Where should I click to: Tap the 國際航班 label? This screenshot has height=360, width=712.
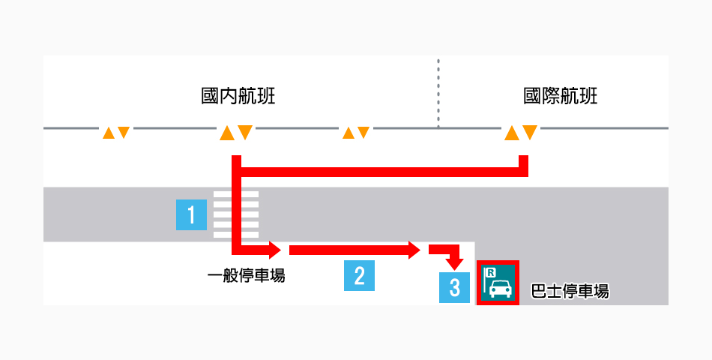pyautogui.click(x=561, y=97)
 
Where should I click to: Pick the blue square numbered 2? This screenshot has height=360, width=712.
pyautogui.click(x=359, y=275)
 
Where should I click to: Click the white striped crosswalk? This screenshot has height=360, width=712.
pyautogui.click(x=236, y=214)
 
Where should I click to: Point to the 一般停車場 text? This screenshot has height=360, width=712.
pyautogui.click(x=246, y=276)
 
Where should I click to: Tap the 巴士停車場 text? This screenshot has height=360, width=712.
pyautogui.click(x=569, y=290)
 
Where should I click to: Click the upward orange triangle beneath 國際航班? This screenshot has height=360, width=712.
pyautogui.click(x=512, y=133)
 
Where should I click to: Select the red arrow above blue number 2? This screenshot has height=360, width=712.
pyautogui.click(x=352, y=250)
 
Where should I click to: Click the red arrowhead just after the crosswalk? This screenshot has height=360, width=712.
pyautogui.click(x=274, y=249)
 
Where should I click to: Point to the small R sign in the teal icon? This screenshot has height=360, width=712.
pyautogui.click(x=491, y=273)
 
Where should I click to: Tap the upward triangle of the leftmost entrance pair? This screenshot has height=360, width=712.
pyautogui.click(x=109, y=133)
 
